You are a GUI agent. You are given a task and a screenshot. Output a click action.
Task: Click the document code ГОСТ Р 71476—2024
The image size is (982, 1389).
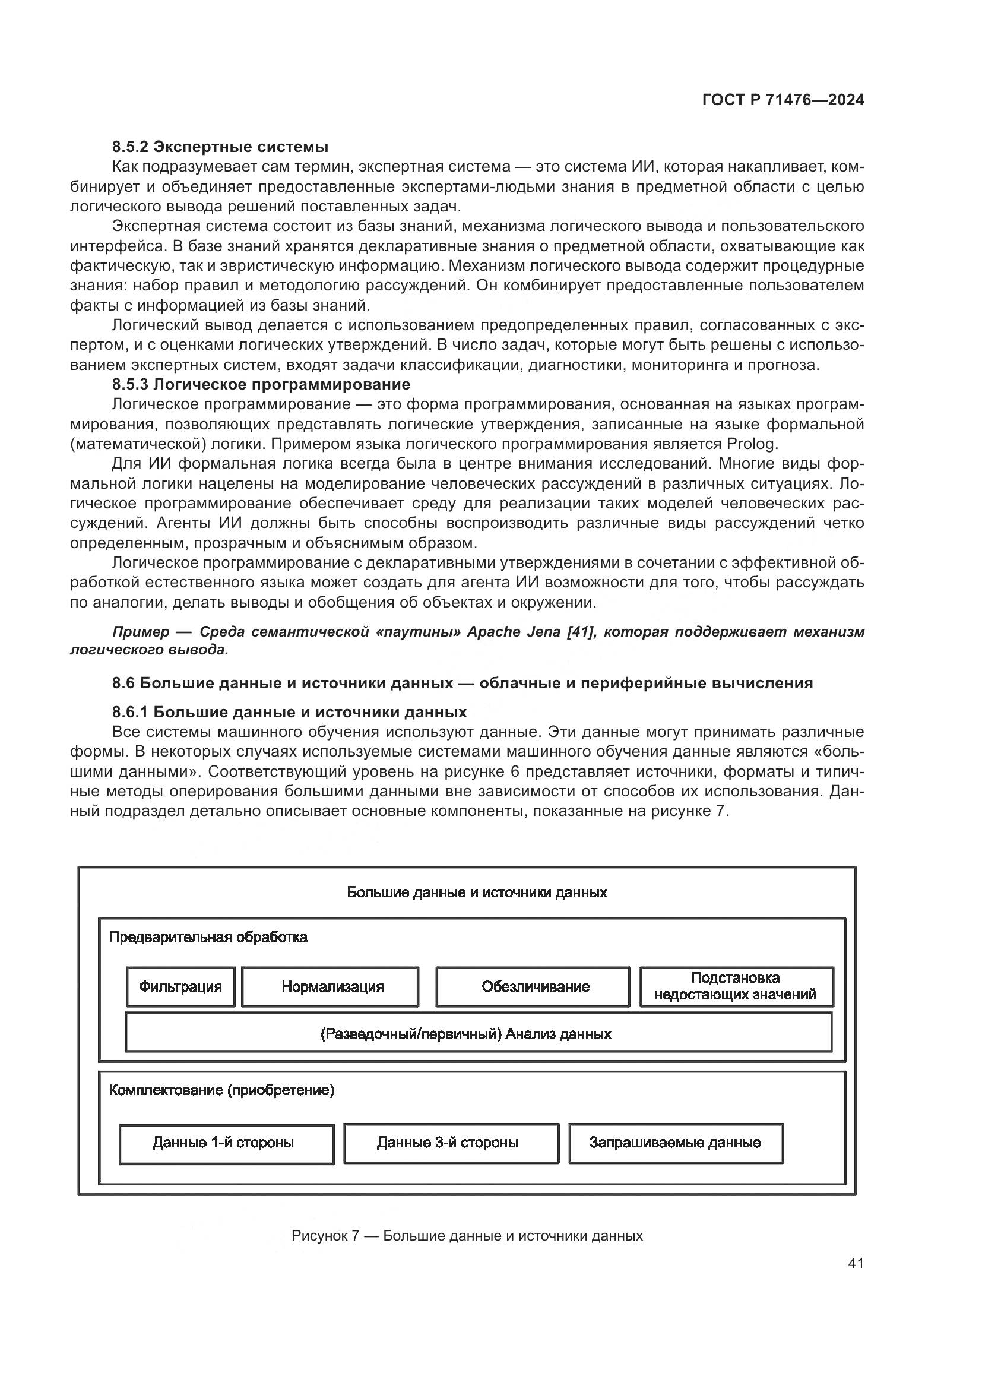point(783,100)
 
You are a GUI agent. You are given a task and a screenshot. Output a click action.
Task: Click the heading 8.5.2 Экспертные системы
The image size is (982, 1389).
point(220,147)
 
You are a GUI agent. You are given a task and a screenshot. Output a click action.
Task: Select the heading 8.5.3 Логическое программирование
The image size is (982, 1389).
point(261,384)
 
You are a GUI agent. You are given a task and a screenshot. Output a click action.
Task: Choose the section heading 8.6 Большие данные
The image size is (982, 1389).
point(462,683)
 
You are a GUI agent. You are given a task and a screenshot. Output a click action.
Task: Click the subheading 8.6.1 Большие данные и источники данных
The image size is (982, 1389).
point(289,712)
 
